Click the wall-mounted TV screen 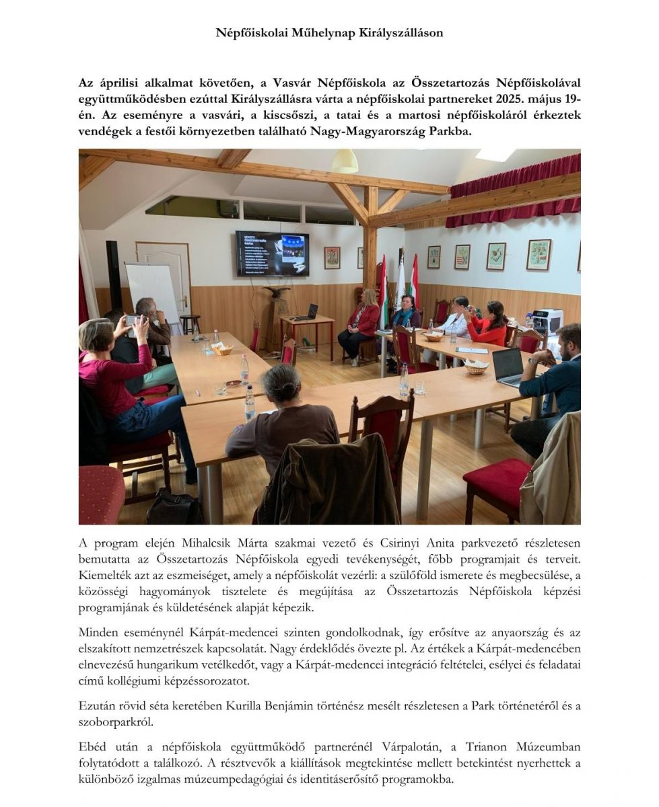pyautogui.click(x=272, y=254)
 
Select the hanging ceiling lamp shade pyautogui.click(x=344, y=162)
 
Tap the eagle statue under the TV pyautogui.click(x=277, y=295)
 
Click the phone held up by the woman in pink pyautogui.click(x=131, y=321)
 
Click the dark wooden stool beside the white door pyautogui.click(x=190, y=323)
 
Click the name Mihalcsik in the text pyautogui.click(x=207, y=543)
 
